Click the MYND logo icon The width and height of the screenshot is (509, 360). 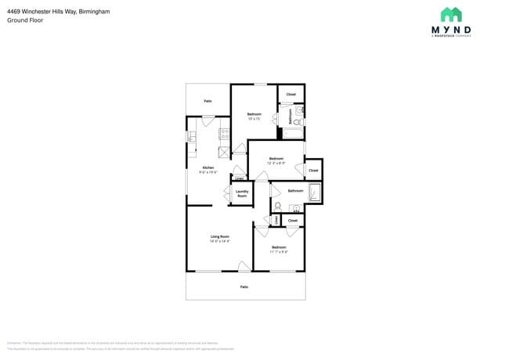[x=451, y=15]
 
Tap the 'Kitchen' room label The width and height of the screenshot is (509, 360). [x=208, y=167]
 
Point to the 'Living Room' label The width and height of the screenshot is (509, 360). [x=219, y=236]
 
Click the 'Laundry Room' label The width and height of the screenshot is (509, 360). [x=242, y=193]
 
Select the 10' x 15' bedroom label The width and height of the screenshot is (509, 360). [x=254, y=117]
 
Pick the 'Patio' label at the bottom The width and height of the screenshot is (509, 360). [x=244, y=287]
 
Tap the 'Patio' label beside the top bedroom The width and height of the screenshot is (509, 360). [x=208, y=101]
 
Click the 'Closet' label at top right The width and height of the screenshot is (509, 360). [x=291, y=94]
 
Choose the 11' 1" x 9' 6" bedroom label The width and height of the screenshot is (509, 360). [x=279, y=249]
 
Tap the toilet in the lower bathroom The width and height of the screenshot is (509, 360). [x=277, y=207]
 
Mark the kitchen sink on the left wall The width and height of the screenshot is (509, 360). [x=190, y=137]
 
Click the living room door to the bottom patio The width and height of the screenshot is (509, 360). [x=244, y=267]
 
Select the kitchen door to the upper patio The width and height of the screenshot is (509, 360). [x=208, y=119]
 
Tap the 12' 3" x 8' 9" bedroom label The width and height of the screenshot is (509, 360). [x=276, y=160]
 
